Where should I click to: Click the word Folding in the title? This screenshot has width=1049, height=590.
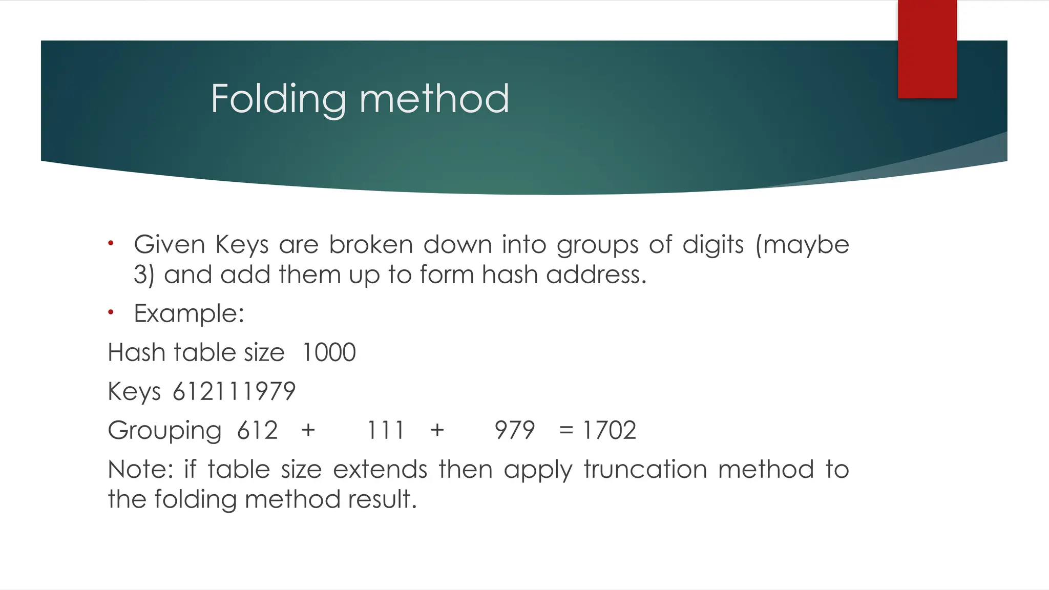(279, 99)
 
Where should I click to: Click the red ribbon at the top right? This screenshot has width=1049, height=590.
(927, 49)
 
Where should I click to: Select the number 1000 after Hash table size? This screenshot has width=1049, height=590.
(329, 353)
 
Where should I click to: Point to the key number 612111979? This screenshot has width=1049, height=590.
(234, 392)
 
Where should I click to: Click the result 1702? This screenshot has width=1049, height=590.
(610, 430)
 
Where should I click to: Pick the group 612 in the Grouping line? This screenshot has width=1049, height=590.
(258, 430)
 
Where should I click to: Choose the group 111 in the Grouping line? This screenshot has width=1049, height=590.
(385, 430)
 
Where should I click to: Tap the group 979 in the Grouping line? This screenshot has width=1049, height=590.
(515, 430)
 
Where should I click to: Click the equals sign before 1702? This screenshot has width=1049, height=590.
(566, 430)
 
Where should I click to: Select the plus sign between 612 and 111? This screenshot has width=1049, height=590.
(308, 430)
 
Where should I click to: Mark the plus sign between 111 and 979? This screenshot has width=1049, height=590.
(437, 430)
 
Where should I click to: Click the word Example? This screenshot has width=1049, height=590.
(189, 313)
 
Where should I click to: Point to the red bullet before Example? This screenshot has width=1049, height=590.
(111, 312)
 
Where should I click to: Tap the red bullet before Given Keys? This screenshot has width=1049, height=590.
(111, 243)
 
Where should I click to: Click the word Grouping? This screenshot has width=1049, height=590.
(164, 431)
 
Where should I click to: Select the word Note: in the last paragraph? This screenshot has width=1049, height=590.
(140, 470)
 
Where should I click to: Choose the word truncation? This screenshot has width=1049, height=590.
(645, 470)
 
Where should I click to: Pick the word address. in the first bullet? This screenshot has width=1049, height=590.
(596, 275)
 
